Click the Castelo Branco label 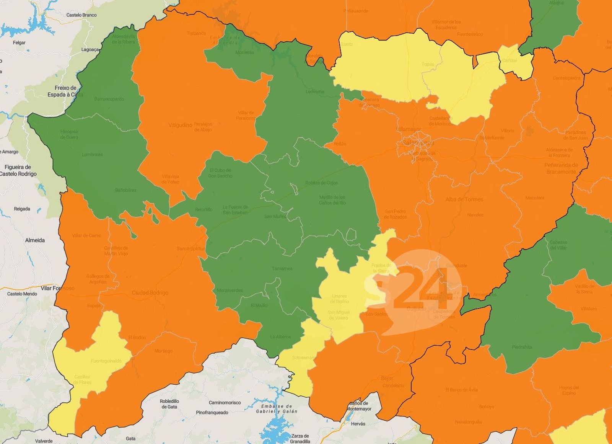tap(81, 15)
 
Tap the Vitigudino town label tap(180, 125)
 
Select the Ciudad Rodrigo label tap(150, 293)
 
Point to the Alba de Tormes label tap(464, 199)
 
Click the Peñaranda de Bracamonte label tap(561, 168)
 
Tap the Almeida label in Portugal tap(35, 240)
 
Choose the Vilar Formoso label tap(58, 288)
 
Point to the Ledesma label tap(315, 92)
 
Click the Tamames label tap(282, 269)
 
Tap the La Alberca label tap(280, 337)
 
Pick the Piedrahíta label tap(522, 347)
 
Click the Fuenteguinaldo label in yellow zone tap(106, 361)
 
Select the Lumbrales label tap(92, 155)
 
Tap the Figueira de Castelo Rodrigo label tap(18, 170)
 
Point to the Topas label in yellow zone tap(428, 64)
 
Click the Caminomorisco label tap(225, 403)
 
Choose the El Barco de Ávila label tap(461, 390)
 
